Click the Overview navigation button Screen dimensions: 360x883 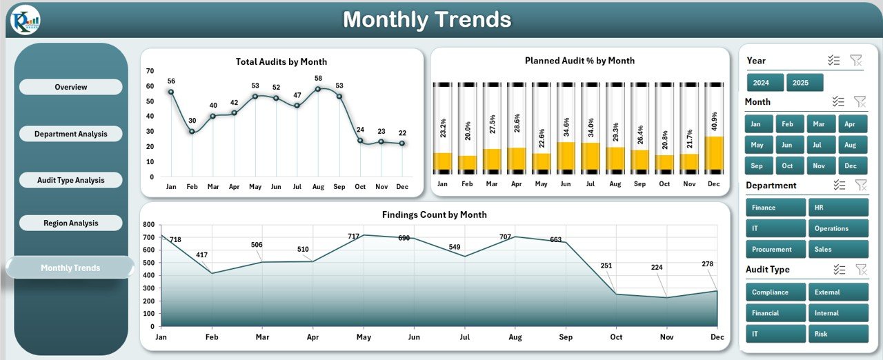pos(70,87)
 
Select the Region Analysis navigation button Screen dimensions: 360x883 pos(70,223)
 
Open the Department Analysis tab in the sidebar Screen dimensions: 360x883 pos(70,134)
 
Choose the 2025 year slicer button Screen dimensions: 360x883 pos(804,83)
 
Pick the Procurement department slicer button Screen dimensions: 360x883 pos(775,250)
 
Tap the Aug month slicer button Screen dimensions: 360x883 pos(849,145)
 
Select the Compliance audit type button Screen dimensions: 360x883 pos(775,292)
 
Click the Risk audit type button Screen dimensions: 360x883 pos(837,334)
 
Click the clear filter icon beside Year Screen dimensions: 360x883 pos(856,61)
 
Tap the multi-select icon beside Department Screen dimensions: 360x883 pos(839,185)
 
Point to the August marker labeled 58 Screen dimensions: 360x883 pos(318,88)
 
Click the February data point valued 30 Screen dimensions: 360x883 pos(192,131)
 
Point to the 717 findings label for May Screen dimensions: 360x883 pos(354,237)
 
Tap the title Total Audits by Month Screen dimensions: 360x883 pos(281,62)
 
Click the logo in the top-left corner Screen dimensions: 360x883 pos(25,20)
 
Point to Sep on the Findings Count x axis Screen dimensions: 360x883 pos(565,337)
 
